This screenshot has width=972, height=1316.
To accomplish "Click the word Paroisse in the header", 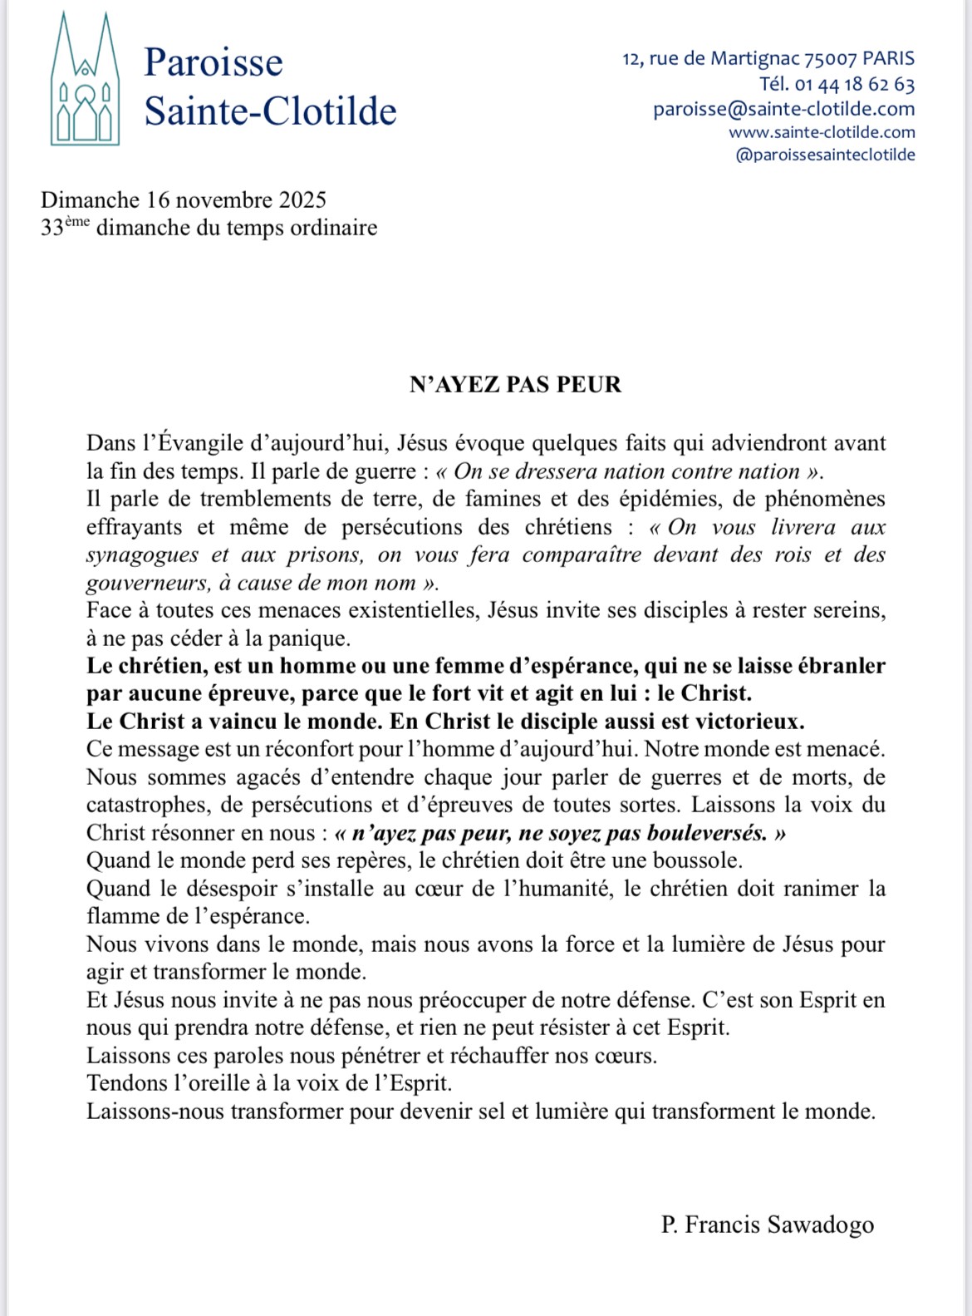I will coord(213,62).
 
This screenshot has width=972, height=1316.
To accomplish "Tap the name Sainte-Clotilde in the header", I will coord(270,111).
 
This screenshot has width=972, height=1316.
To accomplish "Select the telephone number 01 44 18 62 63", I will coord(855,84).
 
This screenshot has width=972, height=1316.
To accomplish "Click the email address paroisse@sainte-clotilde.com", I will coord(783,109).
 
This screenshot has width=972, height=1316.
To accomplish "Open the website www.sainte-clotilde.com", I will coord(822,132).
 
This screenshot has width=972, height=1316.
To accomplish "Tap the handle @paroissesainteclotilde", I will coord(825,155).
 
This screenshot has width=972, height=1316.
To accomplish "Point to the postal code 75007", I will coord(830,59).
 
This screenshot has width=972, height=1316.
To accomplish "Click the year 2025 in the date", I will coord(302,200).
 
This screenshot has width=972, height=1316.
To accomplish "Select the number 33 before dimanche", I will coord(52,228).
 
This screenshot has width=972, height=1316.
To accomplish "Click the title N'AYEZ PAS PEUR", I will coord(515,384).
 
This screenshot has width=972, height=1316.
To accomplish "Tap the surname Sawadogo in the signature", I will coord(821,1225).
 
